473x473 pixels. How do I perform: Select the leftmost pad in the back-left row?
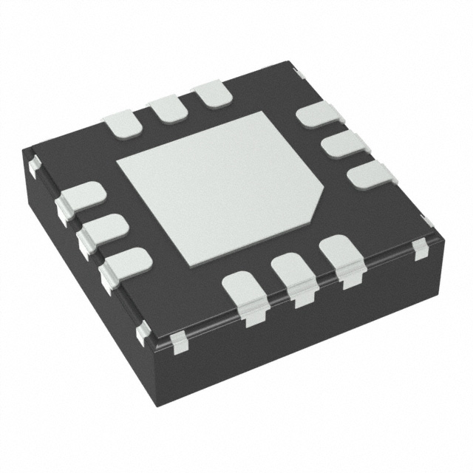(x=123, y=123)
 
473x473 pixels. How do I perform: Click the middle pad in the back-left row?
(x=168, y=109)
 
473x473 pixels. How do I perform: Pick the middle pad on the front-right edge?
(x=293, y=271)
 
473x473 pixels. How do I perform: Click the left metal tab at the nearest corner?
(x=142, y=333)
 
